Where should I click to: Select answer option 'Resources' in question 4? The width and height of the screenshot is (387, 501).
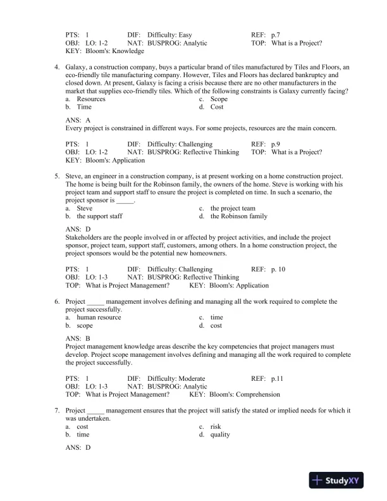coord(91,99)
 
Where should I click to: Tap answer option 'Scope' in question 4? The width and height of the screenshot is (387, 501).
coord(219,99)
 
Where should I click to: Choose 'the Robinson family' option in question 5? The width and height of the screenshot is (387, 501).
coord(238,216)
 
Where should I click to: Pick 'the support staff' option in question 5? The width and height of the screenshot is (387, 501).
coord(99,216)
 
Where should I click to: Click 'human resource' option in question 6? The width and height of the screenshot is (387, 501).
coord(99,318)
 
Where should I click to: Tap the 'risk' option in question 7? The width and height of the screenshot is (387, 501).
coord(216,427)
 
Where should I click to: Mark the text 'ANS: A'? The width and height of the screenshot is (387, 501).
coord(78,120)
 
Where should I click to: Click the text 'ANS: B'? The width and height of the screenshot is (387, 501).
coord(78,338)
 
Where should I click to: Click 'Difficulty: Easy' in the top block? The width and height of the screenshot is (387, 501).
coord(169,35)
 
